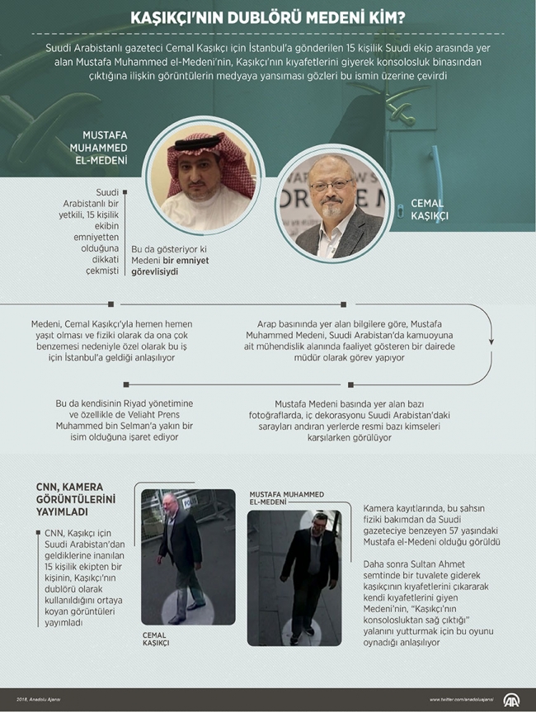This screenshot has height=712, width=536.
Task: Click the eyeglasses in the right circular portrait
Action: pos(331,186)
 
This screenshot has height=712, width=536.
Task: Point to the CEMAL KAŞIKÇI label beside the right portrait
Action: pos(426,210)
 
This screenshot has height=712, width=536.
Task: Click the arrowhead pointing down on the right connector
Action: pos(492,340)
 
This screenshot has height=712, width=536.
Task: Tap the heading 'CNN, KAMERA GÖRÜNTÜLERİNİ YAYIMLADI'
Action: pos(75,499)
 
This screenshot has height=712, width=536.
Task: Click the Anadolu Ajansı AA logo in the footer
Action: pos(512,700)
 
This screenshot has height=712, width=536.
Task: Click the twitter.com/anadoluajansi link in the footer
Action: pos(462,700)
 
